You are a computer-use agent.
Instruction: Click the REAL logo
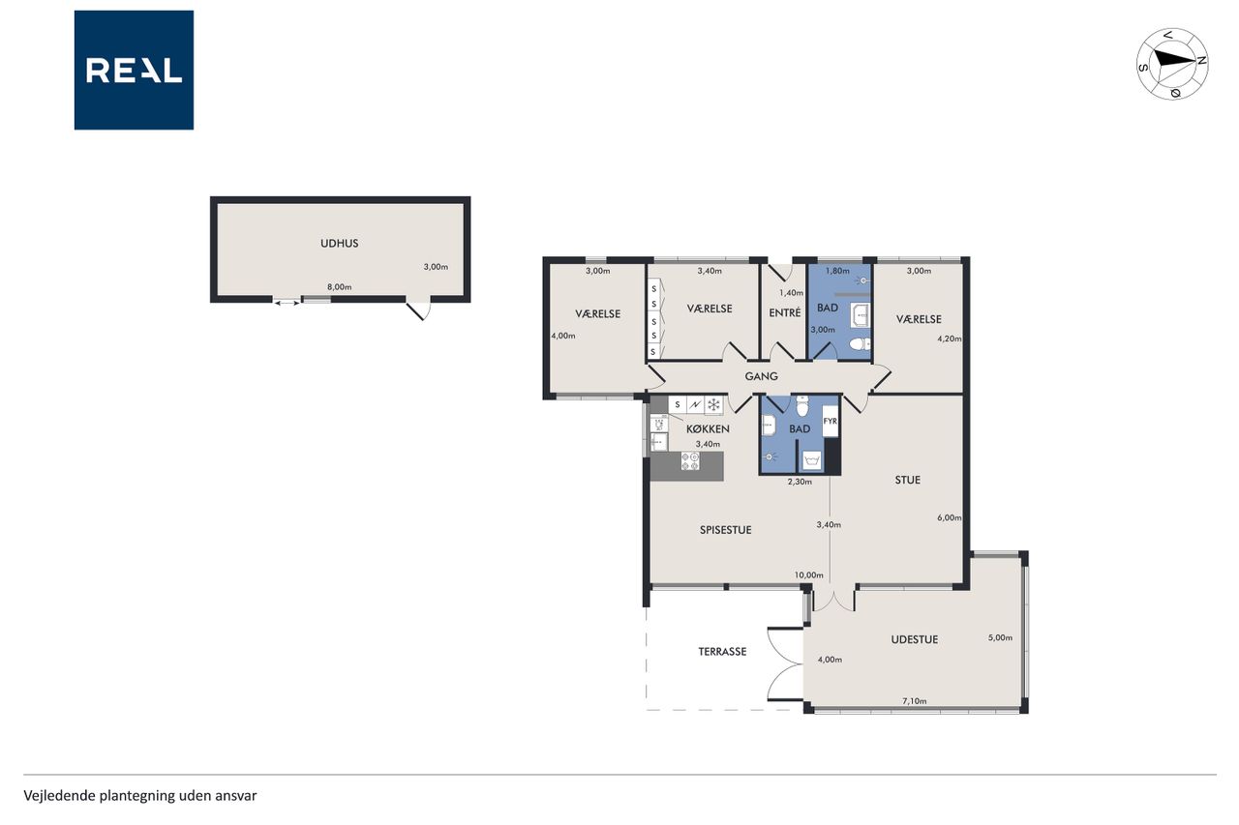(134, 71)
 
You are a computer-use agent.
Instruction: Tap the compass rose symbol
(1172, 64)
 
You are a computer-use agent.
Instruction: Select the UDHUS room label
(340, 243)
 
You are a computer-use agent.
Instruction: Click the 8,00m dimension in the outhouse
(339, 287)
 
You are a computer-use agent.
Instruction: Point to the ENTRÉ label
(785, 312)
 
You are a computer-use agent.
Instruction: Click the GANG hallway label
(761, 376)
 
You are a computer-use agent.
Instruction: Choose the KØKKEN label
(708, 428)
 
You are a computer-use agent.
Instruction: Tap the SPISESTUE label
(726, 530)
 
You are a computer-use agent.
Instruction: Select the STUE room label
(908, 480)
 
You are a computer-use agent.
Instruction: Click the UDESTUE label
(915, 639)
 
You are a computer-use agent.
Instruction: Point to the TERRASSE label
(722, 652)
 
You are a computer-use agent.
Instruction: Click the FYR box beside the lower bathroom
(831, 421)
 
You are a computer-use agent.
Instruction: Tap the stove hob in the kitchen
(690, 460)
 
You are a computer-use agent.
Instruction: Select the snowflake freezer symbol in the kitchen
(713, 405)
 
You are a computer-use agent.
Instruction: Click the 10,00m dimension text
(808, 575)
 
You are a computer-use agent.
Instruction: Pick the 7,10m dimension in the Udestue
(915, 701)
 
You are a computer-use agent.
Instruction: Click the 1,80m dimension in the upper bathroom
(837, 271)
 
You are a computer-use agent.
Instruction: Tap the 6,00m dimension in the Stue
(950, 517)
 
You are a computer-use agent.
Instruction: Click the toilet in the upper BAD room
(860, 344)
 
